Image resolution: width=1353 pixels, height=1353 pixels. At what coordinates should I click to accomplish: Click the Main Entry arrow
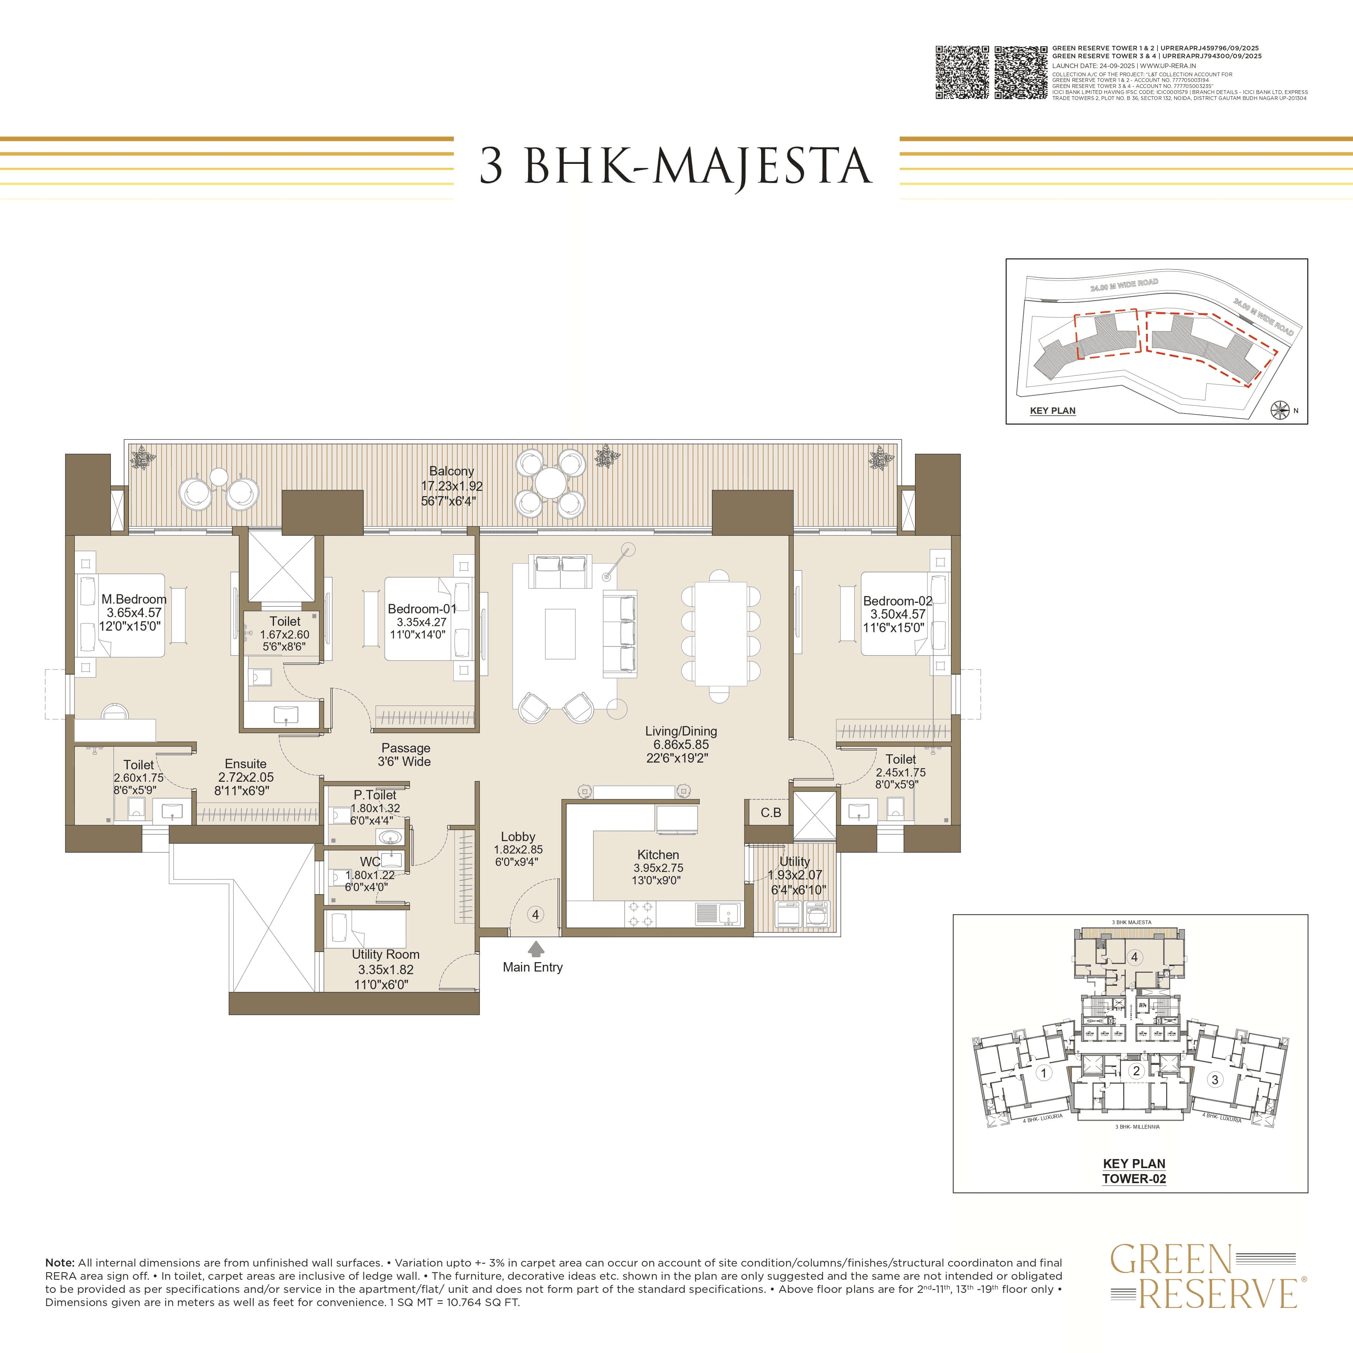(x=536, y=948)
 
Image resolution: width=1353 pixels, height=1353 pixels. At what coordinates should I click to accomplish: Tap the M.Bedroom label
(x=134, y=599)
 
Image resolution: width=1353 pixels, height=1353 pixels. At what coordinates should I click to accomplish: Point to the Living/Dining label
(x=681, y=731)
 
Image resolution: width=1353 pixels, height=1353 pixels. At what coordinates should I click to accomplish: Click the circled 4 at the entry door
(x=536, y=915)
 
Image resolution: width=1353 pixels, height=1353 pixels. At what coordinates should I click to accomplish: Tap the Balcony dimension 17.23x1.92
(x=452, y=486)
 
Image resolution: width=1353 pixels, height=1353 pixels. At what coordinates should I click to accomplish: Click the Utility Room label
(x=385, y=955)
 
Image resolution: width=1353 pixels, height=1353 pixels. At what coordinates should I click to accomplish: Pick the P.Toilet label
(x=375, y=795)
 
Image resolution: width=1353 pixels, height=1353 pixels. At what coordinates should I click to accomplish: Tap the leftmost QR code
(x=962, y=73)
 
